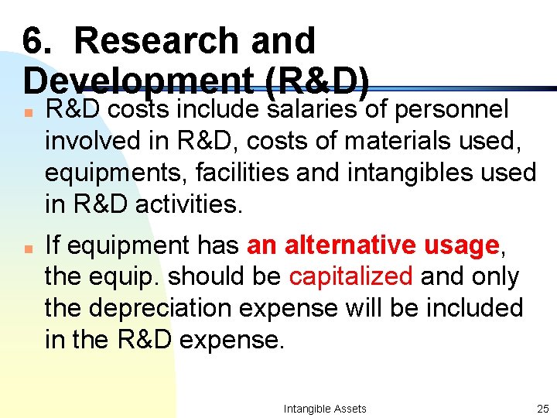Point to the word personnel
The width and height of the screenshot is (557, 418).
pos(451,111)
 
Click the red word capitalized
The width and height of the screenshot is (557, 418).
pos(350,276)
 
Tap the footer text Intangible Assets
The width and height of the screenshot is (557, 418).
pos(325,409)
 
